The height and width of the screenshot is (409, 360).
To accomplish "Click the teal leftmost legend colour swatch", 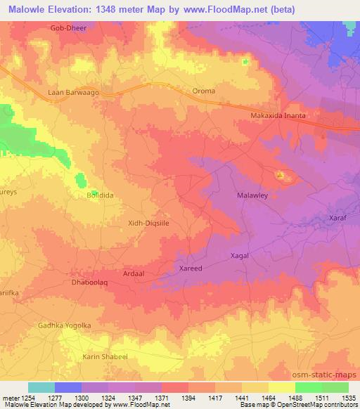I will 41,387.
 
